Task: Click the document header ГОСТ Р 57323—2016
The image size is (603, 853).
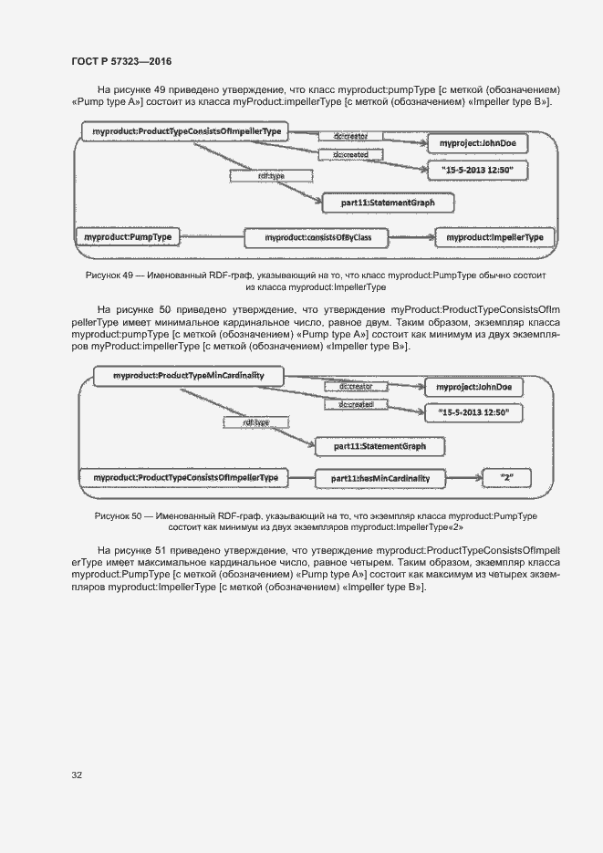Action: click(121, 61)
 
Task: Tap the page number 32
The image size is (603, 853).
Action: click(77, 775)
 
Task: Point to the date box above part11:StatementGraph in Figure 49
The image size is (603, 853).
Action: click(477, 171)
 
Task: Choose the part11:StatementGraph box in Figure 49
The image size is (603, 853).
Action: click(387, 203)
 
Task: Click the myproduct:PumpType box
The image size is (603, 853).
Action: click(128, 237)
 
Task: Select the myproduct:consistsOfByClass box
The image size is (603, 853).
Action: click(317, 238)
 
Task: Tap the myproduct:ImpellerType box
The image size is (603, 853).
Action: click(494, 237)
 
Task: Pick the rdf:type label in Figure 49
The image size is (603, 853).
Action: click(271, 174)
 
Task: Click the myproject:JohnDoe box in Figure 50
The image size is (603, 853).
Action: click(473, 388)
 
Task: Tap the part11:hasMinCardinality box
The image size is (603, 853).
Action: click(380, 478)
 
